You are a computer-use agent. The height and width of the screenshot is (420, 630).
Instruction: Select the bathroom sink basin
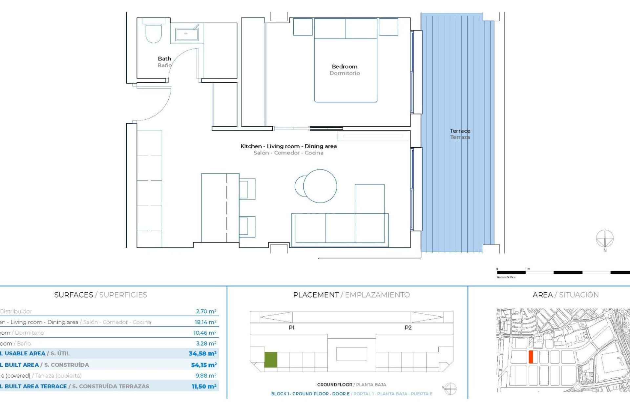pos(186,34)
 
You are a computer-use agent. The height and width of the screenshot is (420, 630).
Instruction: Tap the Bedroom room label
pos(345,67)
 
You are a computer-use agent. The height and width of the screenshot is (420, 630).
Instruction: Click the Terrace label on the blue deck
pos(460,131)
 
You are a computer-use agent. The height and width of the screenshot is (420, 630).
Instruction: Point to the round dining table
pos(320,186)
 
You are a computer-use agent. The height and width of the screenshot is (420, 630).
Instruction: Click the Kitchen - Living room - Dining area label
pos(288,146)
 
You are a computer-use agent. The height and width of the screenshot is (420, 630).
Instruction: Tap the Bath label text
pos(164,59)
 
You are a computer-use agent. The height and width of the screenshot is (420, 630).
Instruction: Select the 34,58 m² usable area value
pos(202,353)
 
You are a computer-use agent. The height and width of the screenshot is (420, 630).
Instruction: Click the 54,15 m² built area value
pos(204,365)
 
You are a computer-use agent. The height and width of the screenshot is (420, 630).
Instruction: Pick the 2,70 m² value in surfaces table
pos(206,311)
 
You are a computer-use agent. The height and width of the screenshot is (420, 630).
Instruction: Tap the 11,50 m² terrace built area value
pos(204,387)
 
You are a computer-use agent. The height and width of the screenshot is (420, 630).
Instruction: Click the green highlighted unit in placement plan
pos(271,360)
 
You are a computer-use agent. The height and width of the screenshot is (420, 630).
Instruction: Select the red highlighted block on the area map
pos(531,357)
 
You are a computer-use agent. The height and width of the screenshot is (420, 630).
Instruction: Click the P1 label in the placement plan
pos(291,327)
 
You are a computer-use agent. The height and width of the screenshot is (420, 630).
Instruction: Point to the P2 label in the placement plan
pos(408,327)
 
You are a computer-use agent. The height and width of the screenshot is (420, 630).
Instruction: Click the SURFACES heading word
pos(73,295)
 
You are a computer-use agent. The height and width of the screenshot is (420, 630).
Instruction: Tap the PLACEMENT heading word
pos(316,295)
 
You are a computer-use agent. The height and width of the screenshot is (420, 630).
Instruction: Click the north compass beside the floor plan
pos(604,239)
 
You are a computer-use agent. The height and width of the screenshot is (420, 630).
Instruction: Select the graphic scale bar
pos(563,272)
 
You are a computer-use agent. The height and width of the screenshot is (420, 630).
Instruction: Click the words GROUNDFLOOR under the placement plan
pos(334,385)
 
